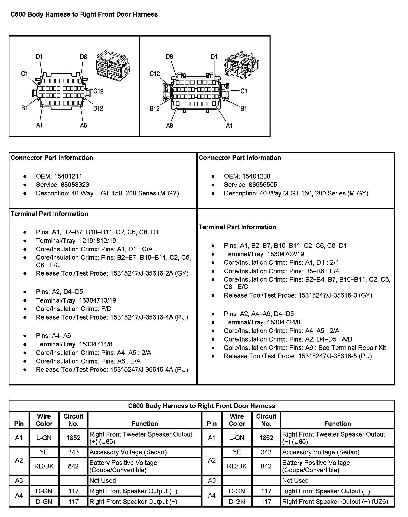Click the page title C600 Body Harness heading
[x=84, y=15]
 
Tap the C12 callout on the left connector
[x=98, y=91]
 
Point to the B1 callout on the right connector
[x=244, y=108]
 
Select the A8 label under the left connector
[x=83, y=125]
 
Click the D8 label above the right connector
[x=170, y=56]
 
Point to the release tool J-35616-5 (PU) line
[x=298, y=356]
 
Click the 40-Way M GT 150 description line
[x=296, y=193]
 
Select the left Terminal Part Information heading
[x=49, y=214]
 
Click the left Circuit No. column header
[x=73, y=420]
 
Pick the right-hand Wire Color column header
[x=237, y=420]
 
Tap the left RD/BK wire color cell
[x=44, y=466]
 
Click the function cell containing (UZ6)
[x=335, y=502]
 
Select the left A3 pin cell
[x=19, y=480]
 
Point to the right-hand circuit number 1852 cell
[x=266, y=438]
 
